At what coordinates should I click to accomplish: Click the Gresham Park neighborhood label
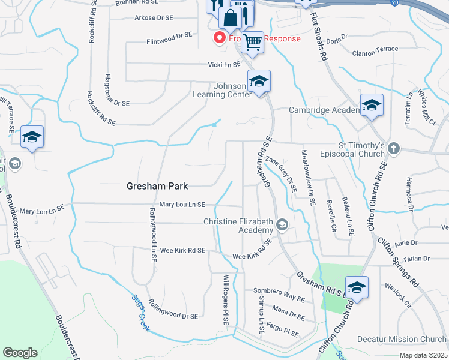(158, 186)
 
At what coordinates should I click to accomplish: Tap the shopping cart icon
(254, 42)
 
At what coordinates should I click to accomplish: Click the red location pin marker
(219, 38)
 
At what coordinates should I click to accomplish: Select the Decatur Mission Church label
(402, 339)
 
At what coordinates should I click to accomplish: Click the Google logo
(20, 353)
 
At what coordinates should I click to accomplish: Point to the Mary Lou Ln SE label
(182, 205)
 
